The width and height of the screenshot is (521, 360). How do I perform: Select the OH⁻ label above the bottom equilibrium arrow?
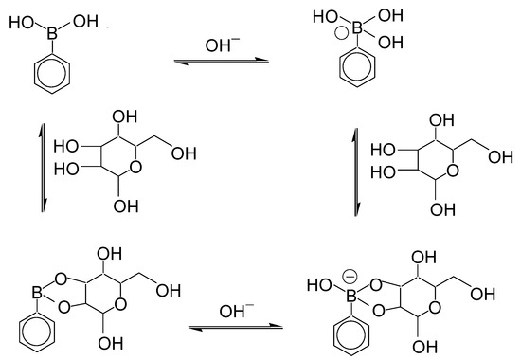233,310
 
